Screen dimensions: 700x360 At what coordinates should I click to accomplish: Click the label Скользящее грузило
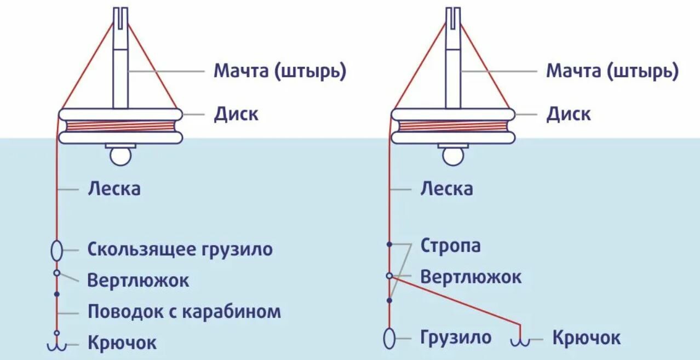[x=180, y=250]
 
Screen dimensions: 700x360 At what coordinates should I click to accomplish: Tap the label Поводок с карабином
[x=185, y=312]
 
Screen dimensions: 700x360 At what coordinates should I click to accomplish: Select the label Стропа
[x=451, y=246]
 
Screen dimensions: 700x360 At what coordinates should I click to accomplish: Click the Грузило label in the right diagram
[x=456, y=338]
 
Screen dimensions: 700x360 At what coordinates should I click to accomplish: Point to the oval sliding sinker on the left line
[x=56, y=250]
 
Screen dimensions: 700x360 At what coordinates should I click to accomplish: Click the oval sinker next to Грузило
[x=389, y=339]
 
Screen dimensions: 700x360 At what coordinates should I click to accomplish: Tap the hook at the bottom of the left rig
[x=56, y=343]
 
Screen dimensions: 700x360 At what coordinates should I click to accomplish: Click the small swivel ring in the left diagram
[x=56, y=273]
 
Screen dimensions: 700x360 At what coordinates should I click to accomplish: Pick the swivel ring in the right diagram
[x=389, y=276]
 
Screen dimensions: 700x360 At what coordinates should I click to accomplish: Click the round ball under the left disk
[x=121, y=157]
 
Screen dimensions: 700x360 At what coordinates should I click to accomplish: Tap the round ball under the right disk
[x=453, y=157]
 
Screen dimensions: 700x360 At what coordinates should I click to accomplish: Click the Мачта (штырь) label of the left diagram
[x=280, y=71]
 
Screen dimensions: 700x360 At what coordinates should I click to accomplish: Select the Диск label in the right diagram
[x=569, y=114]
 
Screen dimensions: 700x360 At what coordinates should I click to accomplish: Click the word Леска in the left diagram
[x=114, y=188]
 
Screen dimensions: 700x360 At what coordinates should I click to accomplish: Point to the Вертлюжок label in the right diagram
[x=471, y=277]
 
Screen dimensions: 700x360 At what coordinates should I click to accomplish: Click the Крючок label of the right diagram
[x=587, y=338]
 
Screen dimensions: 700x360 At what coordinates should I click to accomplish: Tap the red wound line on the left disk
[x=121, y=126]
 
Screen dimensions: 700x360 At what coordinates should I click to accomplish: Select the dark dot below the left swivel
[x=56, y=294]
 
